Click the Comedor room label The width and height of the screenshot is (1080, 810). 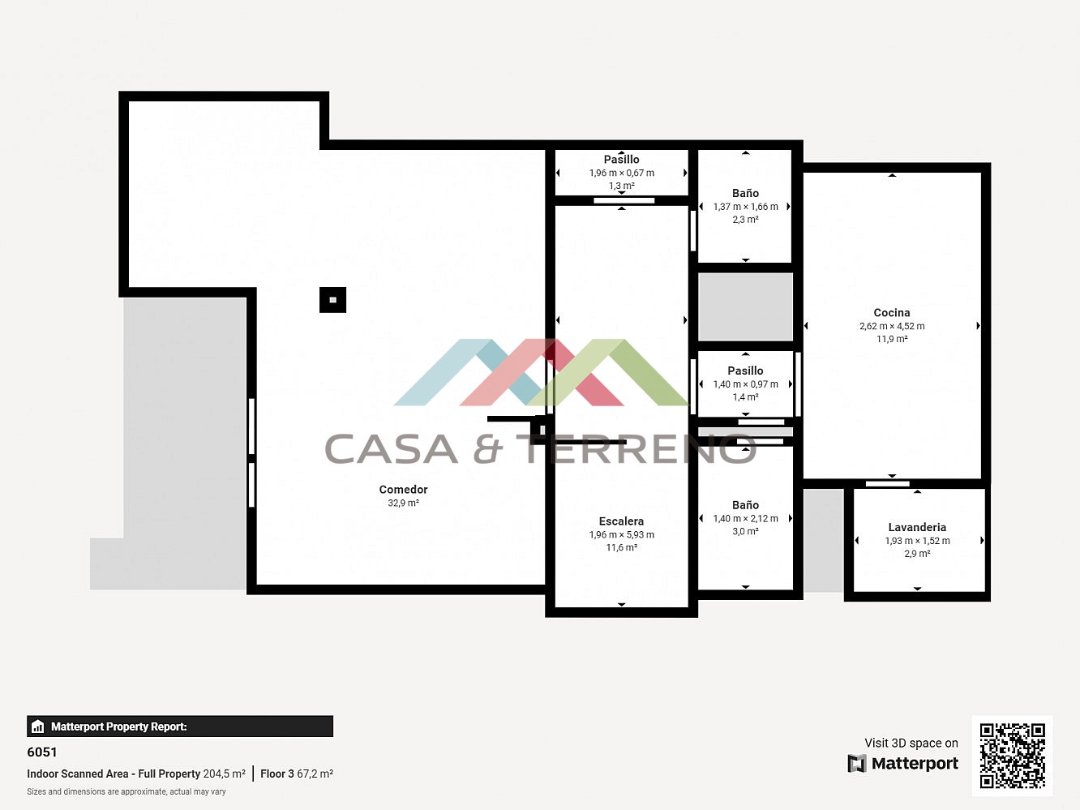pyautogui.click(x=403, y=490)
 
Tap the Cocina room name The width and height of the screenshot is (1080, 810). pyautogui.click(x=892, y=312)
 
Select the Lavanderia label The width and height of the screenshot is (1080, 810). pyautogui.click(x=917, y=527)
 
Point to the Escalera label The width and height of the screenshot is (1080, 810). pyautogui.click(x=621, y=521)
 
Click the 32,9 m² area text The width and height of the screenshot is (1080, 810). pyautogui.click(x=404, y=504)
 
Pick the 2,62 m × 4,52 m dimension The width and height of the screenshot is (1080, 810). pyautogui.click(x=892, y=326)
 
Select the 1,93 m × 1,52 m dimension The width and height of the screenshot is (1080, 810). pyautogui.click(x=918, y=541)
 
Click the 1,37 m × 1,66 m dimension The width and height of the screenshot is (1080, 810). pyautogui.click(x=745, y=207)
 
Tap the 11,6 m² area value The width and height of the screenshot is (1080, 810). pyautogui.click(x=621, y=548)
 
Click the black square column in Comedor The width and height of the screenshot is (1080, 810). pyautogui.click(x=332, y=300)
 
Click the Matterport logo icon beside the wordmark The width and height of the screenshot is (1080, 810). pyautogui.click(x=856, y=763)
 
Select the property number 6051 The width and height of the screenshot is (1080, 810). pyautogui.click(x=42, y=752)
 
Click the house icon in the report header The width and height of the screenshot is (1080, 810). pyautogui.click(x=37, y=726)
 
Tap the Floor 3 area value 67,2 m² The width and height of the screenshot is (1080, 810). pyautogui.click(x=315, y=774)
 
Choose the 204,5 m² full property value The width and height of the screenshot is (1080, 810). pyautogui.click(x=225, y=774)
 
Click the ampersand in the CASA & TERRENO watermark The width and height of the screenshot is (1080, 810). pyautogui.click(x=488, y=449)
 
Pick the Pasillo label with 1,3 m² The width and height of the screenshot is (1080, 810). pyautogui.click(x=621, y=160)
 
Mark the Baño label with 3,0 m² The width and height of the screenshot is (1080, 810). pyautogui.click(x=745, y=505)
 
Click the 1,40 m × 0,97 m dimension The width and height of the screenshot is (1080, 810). pyautogui.click(x=745, y=384)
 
